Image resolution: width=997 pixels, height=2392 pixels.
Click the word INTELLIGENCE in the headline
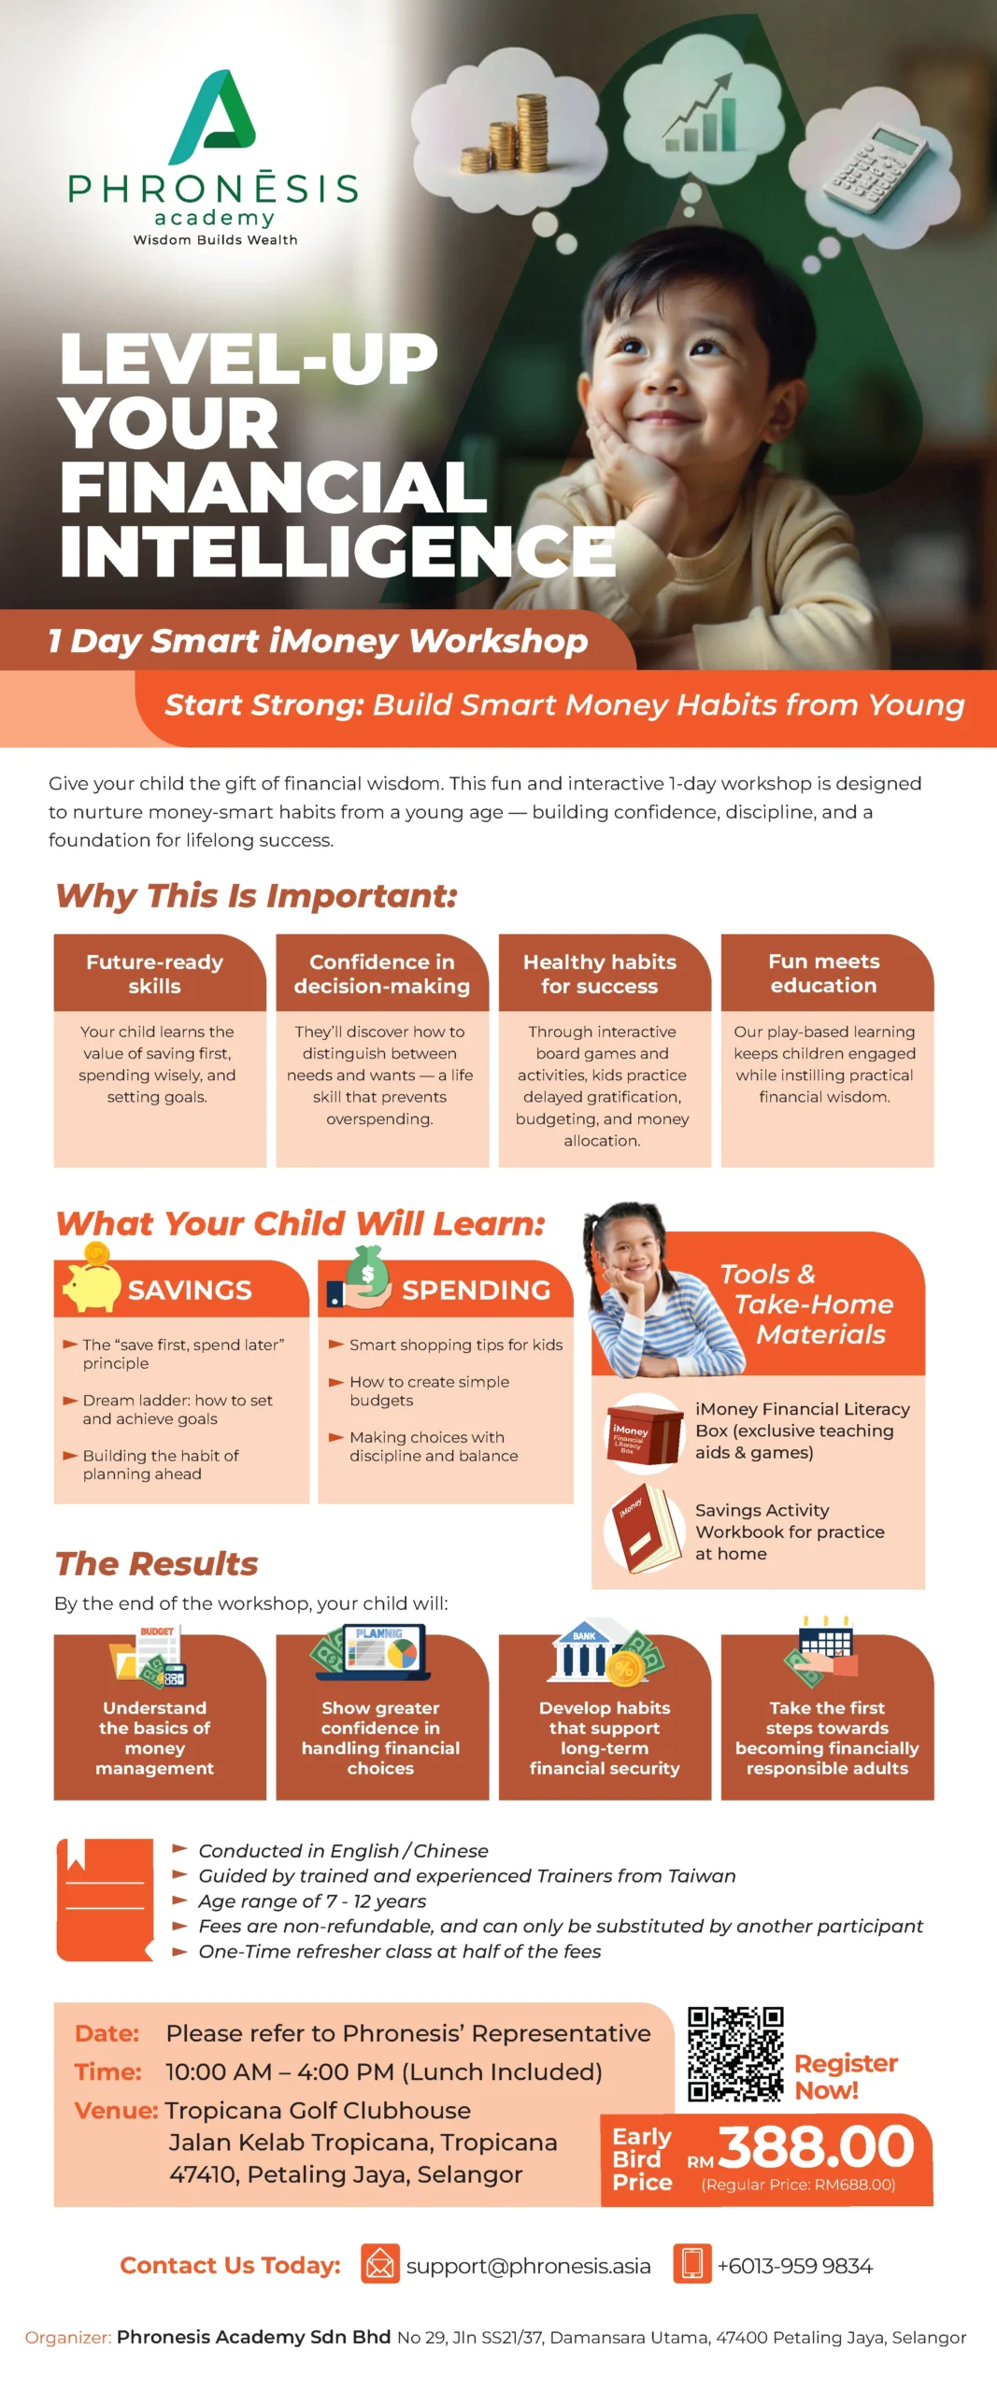click(x=337, y=550)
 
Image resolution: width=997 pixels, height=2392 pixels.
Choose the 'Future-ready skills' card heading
click(x=155, y=974)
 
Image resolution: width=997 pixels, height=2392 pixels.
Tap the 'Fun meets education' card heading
click(x=824, y=973)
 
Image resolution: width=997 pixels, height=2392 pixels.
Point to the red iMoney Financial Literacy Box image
click(x=645, y=1433)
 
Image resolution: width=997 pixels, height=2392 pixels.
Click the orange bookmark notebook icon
click(x=105, y=1900)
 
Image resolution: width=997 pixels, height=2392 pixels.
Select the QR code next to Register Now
click(x=735, y=2054)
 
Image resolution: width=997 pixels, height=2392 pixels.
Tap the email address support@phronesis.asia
click(x=528, y=2266)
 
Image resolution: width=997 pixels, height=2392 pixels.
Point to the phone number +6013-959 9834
click(x=794, y=2266)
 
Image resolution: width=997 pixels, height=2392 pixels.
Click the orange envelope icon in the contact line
click(x=380, y=2263)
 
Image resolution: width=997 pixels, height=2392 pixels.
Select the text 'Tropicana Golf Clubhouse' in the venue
click(x=318, y=2110)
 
